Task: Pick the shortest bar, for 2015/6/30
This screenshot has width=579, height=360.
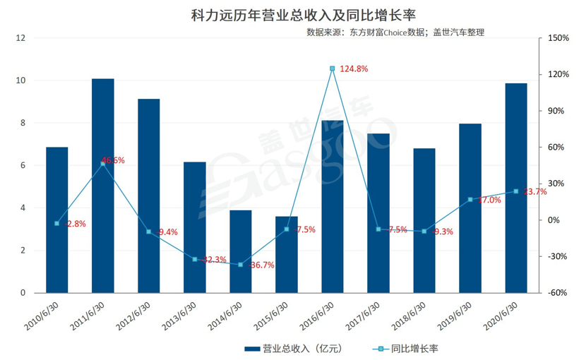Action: click(x=287, y=254)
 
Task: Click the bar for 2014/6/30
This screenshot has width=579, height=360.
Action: click(x=241, y=251)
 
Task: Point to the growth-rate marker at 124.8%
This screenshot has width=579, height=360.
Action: click(x=333, y=68)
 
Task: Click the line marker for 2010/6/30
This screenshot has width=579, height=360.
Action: click(x=57, y=223)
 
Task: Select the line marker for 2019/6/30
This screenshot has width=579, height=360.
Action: click(x=470, y=200)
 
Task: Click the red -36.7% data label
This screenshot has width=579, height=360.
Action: click(x=262, y=265)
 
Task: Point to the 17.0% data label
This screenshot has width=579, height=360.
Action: click(x=489, y=200)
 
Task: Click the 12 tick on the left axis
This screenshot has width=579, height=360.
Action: click(x=21, y=38)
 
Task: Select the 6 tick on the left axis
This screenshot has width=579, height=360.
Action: click(x=23, y=165)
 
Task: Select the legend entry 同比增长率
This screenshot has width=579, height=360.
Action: click(x=407, y=348)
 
